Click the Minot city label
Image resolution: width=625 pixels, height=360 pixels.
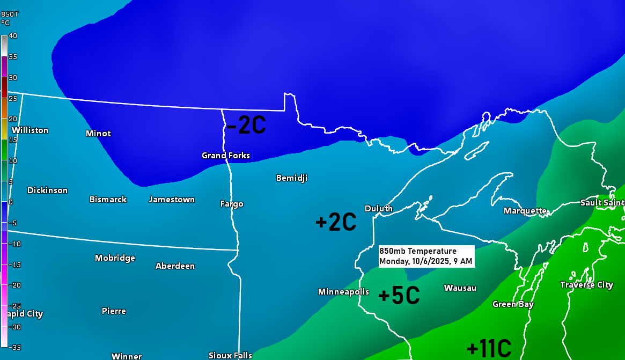pyautogui.click(x=98, y=133)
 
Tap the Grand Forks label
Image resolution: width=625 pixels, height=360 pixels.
pyautogui.click(x=225, y=156)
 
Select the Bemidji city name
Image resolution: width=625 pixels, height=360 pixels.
pyautogui.click(x=292, y=178)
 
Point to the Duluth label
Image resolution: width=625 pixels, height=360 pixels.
pyautogui.click(x=379, y=209)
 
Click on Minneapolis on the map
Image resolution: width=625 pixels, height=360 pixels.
pyautogui.click(x=343, y=292)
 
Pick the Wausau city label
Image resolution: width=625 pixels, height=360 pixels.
pyautogui.click(x=460, y=288)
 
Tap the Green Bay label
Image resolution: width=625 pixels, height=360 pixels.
pyautogui.click(x=513, y=304)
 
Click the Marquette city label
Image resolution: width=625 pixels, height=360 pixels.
pyautogui.click(x=525, y=211)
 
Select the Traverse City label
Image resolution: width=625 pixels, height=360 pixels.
pyautogui.click(x=586, y=285)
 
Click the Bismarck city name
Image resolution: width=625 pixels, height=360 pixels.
pyautogui.click(x=108, y=200)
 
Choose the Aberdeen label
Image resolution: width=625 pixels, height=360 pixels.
pyautogui.click(x=175, y=266)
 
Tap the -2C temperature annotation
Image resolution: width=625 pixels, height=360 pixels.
pyautogui.click(x=246, y=126)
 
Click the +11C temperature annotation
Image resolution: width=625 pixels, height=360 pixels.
pyautogui.click(x=489, y=349)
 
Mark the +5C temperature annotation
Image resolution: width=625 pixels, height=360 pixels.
pyautogui.click(x=399, y=296)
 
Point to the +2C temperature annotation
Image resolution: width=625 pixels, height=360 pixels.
pyautogui.click(x=336, y=222)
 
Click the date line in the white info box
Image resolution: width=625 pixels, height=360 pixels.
pyautogui.click(x=425, y=262)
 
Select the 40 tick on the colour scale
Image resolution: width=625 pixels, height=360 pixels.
pyautogui.click(x=13, y=36)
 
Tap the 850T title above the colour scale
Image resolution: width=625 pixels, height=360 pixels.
pyautogui.click(x=10, y=14)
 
